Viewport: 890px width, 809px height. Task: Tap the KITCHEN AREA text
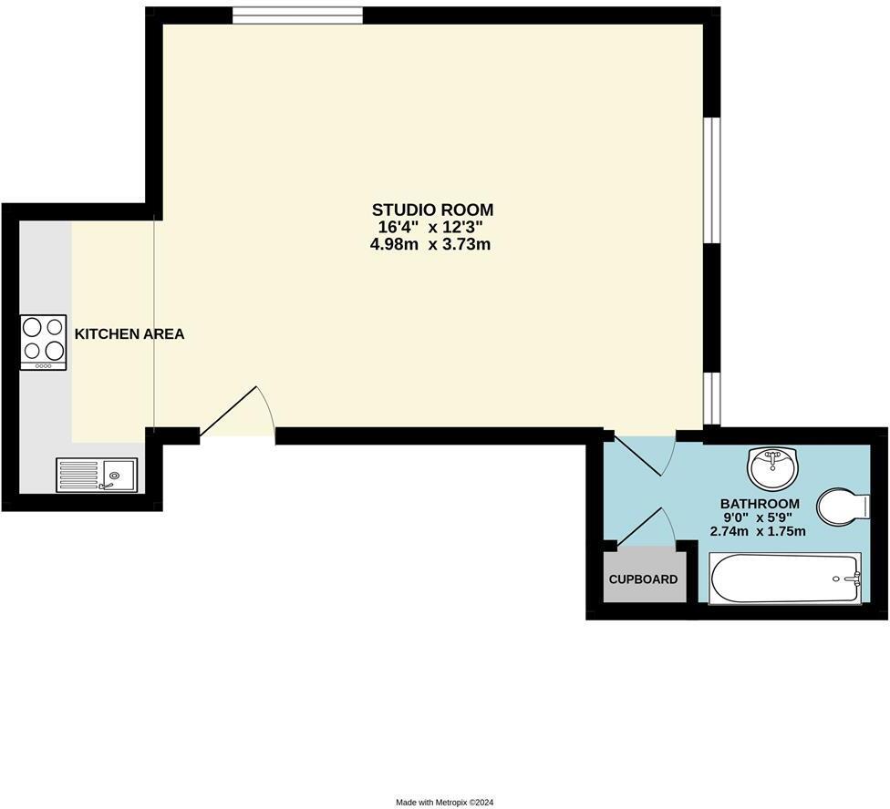(x=129, y=334)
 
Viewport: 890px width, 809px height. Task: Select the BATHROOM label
(x=760, y=504)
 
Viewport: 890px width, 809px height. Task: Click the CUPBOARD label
(x=643, y=579)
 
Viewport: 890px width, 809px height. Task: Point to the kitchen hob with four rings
(x=44, y=340)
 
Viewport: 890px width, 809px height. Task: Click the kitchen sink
(x=117, y=474)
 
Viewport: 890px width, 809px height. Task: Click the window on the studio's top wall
(x=297, y=15)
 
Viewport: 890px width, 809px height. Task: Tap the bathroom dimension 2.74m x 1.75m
(x=760, y=531)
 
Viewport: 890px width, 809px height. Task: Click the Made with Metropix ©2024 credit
(x=444, y=803)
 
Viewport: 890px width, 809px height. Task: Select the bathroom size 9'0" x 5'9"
(x=760, y=517)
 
